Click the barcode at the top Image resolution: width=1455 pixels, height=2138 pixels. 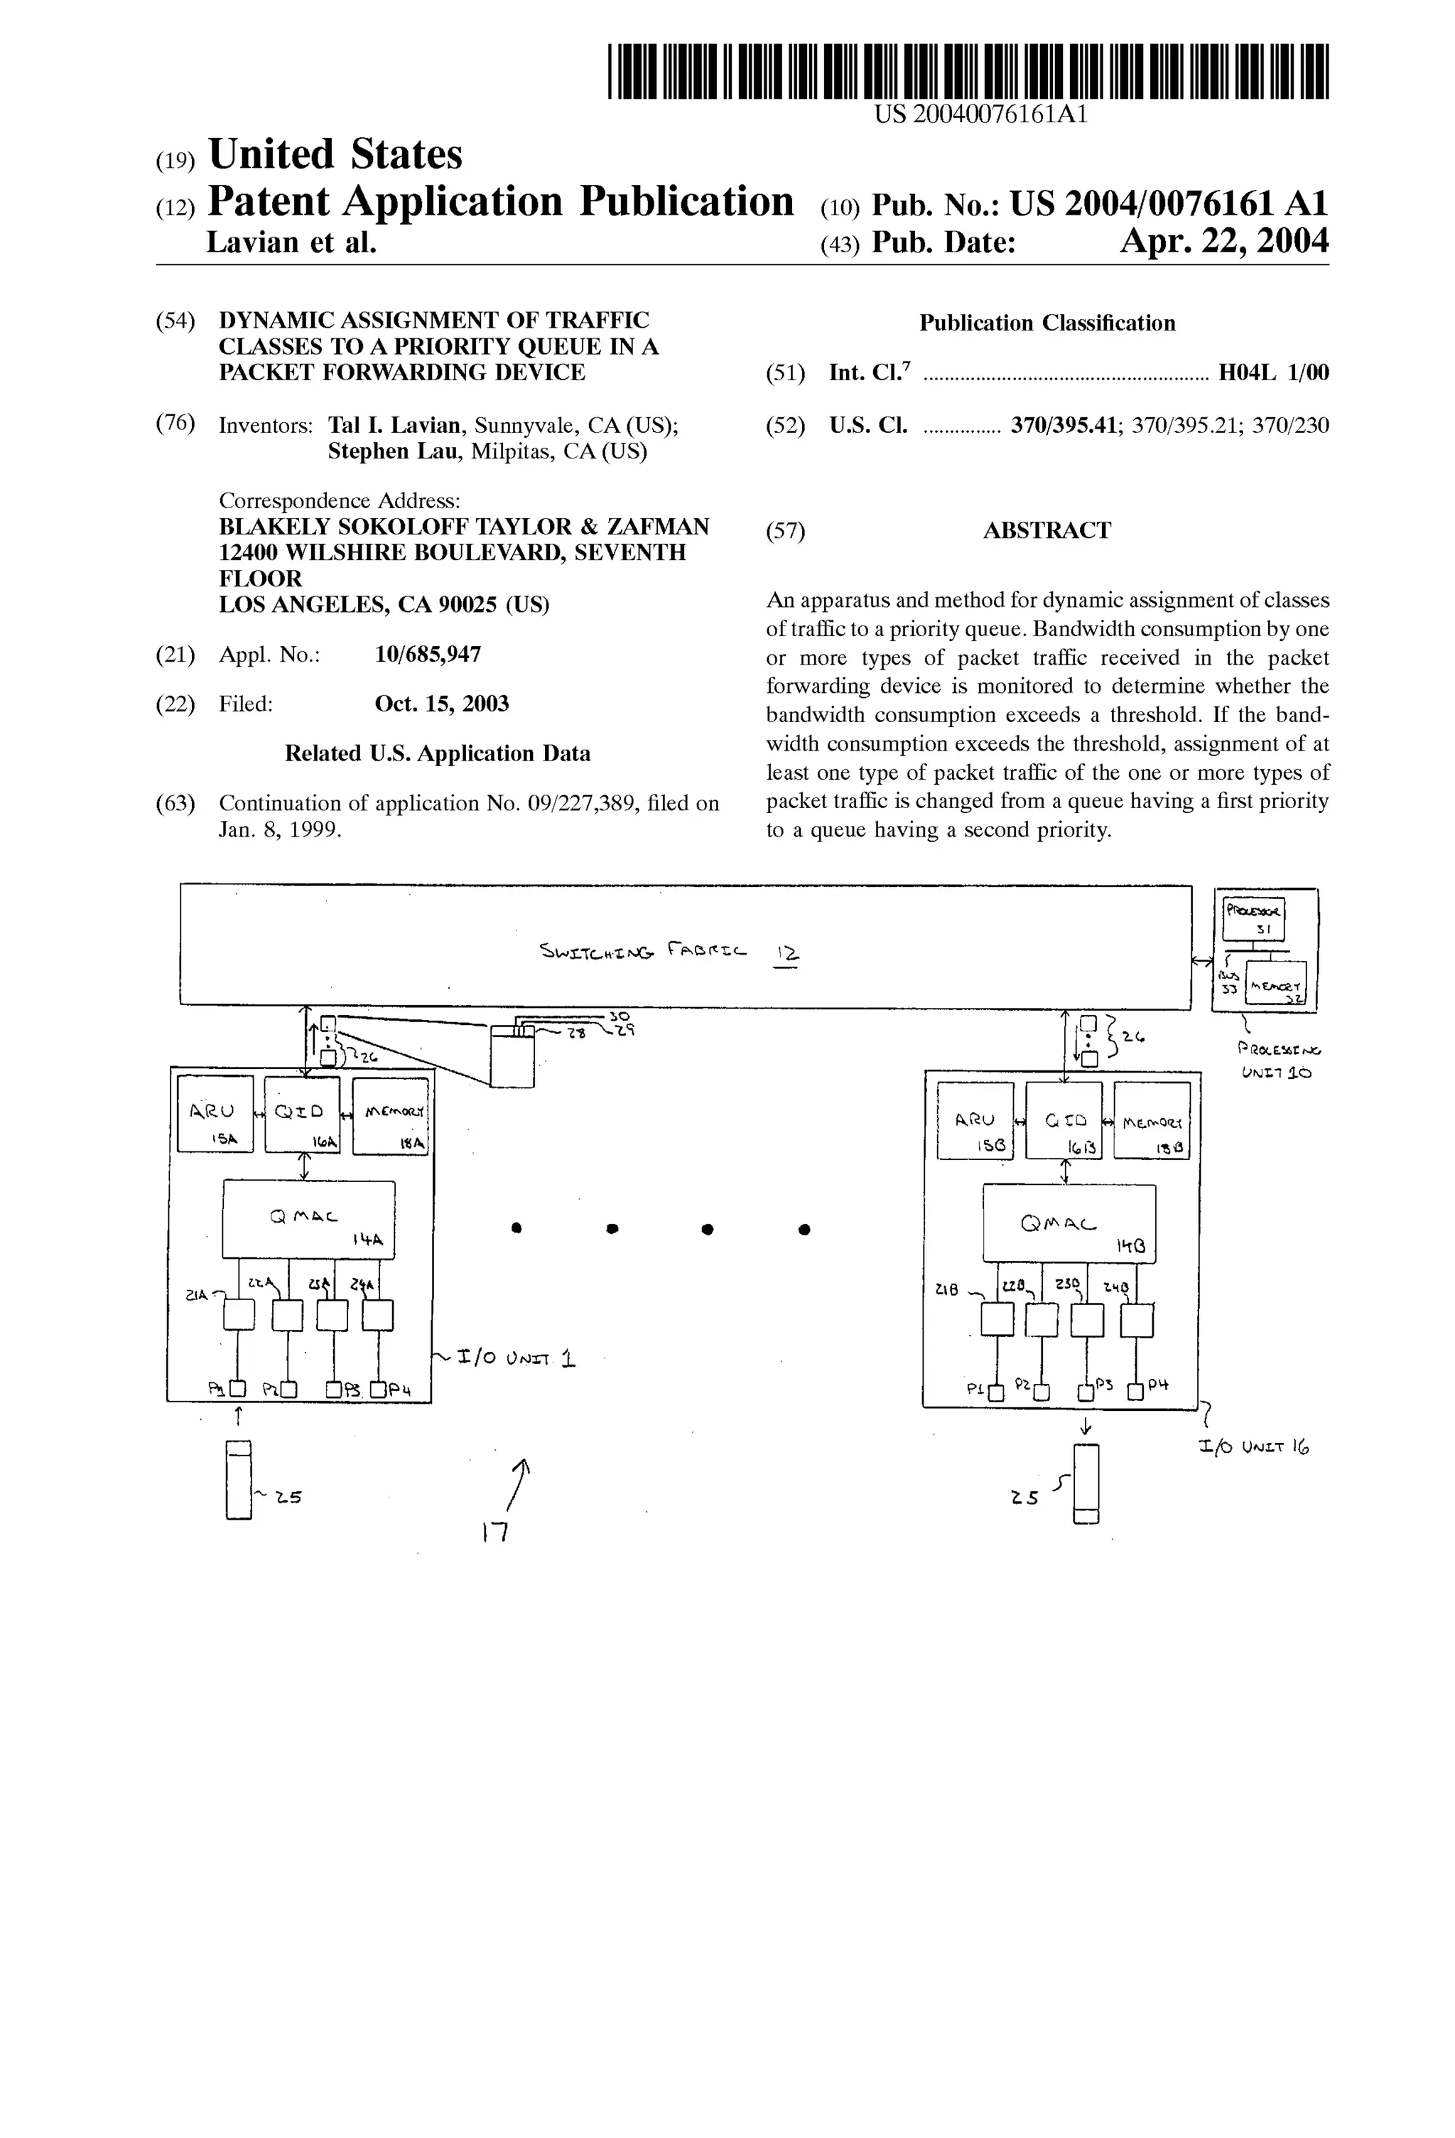pyautogui.click(x=968, y=71)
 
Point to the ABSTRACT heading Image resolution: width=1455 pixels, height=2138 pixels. pyautogui.click(x=1046, y=531)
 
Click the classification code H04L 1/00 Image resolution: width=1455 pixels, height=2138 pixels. pyautogui.click(x=1273, y=372)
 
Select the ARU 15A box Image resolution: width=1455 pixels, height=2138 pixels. pyautogui.click(x=215, y=1114)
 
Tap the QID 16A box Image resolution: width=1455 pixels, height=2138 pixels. pyautogui.click(x=302, y=1114)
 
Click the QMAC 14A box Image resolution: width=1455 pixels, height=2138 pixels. pyautogui.click(x=308, y=1219)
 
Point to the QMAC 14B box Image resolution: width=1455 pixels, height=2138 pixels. pyautogui.click(x=1068, y=1223)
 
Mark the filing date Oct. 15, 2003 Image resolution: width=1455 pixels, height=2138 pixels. pyautogui.click(x=441, y=704)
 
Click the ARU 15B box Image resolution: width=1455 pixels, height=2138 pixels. pyautogui.click(x=975, y=1119)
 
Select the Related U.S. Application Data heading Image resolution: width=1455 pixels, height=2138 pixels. pyautogui.click(x=437, y=753)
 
